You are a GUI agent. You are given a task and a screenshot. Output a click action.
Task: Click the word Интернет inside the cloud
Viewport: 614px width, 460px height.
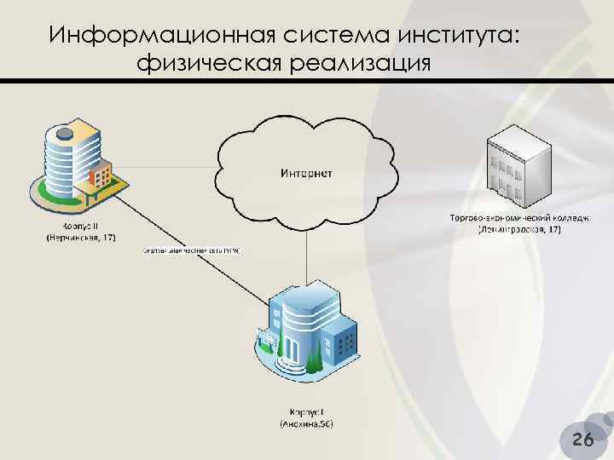[306, 174]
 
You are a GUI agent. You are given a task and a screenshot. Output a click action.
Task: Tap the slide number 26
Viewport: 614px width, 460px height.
[583, 440]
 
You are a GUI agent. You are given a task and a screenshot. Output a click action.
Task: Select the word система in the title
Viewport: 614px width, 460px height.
[338, 37]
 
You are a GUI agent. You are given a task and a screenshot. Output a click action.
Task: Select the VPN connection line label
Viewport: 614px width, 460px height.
[192, 251]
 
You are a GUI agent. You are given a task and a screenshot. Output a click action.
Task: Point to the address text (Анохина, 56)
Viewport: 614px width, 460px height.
[307, 423]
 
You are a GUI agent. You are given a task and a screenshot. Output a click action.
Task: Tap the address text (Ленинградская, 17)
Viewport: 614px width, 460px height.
[519, 230]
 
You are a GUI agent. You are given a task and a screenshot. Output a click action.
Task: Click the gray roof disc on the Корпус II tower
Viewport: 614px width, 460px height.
[64, 133]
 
